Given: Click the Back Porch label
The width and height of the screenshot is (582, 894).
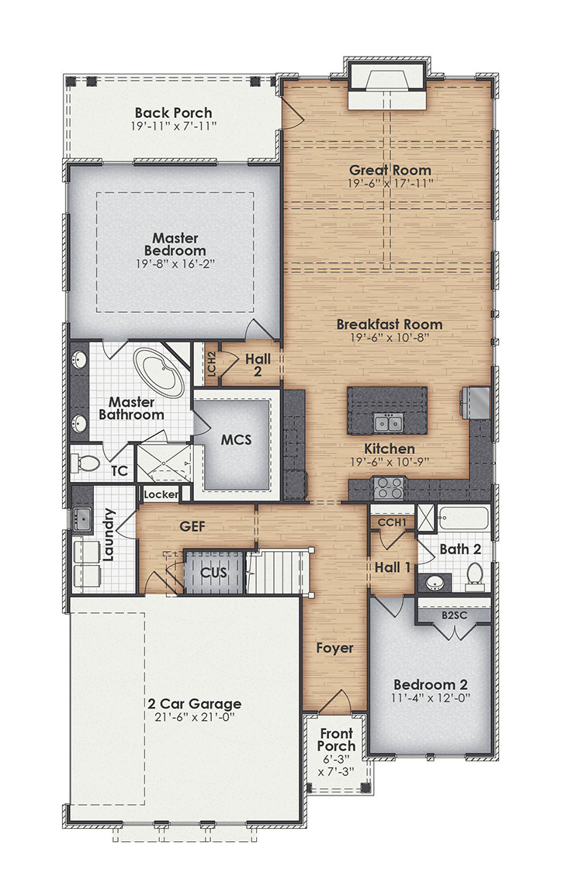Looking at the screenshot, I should [x=173, y=113].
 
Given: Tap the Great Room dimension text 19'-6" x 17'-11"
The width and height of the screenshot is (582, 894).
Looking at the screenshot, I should [x=390, y=183].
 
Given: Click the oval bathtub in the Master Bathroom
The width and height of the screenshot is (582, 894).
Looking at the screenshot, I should [x=159, y=373].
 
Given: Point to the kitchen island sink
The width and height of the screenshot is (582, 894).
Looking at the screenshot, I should [x=386, y=422].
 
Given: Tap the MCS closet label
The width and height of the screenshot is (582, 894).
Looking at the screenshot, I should [x=236, y=439].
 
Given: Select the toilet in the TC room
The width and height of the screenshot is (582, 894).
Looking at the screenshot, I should [x=87, y=464].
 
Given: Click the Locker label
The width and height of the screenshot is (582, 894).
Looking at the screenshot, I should [x=161, y=494].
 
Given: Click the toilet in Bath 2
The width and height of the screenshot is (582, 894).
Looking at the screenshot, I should [x=473, y=574].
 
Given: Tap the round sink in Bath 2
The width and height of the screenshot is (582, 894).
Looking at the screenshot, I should [x=431, y=582].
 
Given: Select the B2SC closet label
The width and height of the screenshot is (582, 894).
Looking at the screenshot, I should [x=453, y=615].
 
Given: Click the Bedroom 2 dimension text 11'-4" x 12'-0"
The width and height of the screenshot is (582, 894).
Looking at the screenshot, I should [x=430, y=698].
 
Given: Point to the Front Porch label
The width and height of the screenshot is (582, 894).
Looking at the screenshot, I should [x=336, y=740].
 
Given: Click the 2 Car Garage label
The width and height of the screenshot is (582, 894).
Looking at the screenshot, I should [x=195, y=704].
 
